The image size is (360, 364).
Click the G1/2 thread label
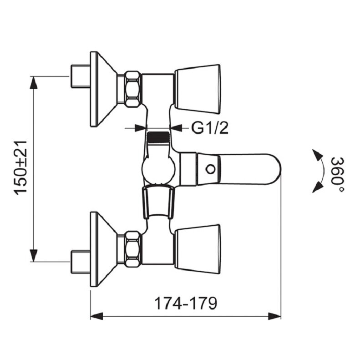click(x=210, y=128)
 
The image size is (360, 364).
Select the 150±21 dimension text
click(x=20, y=167)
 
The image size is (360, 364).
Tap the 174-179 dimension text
click(x=186, y=303)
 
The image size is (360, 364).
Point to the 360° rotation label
click(x=338, y=175)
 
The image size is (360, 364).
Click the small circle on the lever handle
click(x=211, y=169)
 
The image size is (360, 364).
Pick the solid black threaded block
click(x=158, y=137)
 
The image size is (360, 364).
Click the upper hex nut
click(x=132, y=89)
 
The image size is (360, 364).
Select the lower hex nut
click(x=132, y=249)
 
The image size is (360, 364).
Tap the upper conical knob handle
click(x=197, y=89)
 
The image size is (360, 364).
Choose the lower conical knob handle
click(x=197, y=249)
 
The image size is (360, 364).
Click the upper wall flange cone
click(x=103, y=89)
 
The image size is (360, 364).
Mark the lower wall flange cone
click(x=103, y=249)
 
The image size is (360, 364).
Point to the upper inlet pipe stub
click(x=81, y=76)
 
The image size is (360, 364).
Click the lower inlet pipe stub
click(x=81, y=262)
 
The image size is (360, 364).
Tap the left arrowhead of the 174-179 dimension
click(x=96, y=316)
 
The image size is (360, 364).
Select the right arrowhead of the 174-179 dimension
click(x=274, y=316)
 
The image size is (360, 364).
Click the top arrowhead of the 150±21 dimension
click(x=34, y=82)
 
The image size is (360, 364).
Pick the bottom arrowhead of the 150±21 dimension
click(x=34, y=255)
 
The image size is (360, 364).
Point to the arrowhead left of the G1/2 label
click(x=141, y=128)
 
